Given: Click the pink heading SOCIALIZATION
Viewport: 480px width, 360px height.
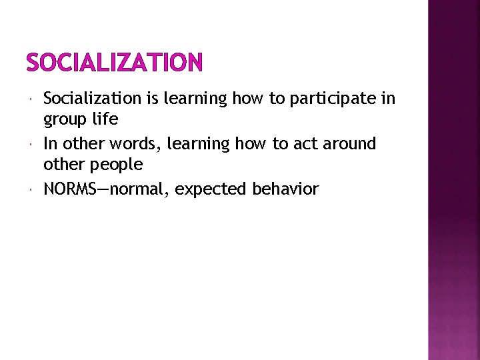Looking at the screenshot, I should (x=113, y=63).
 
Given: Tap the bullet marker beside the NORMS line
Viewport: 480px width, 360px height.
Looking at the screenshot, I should (x=33, y=190).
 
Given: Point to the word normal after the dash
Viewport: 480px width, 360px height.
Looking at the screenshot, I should (x=138, y=189).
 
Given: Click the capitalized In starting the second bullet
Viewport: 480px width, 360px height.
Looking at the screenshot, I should (x=51, y=144).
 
